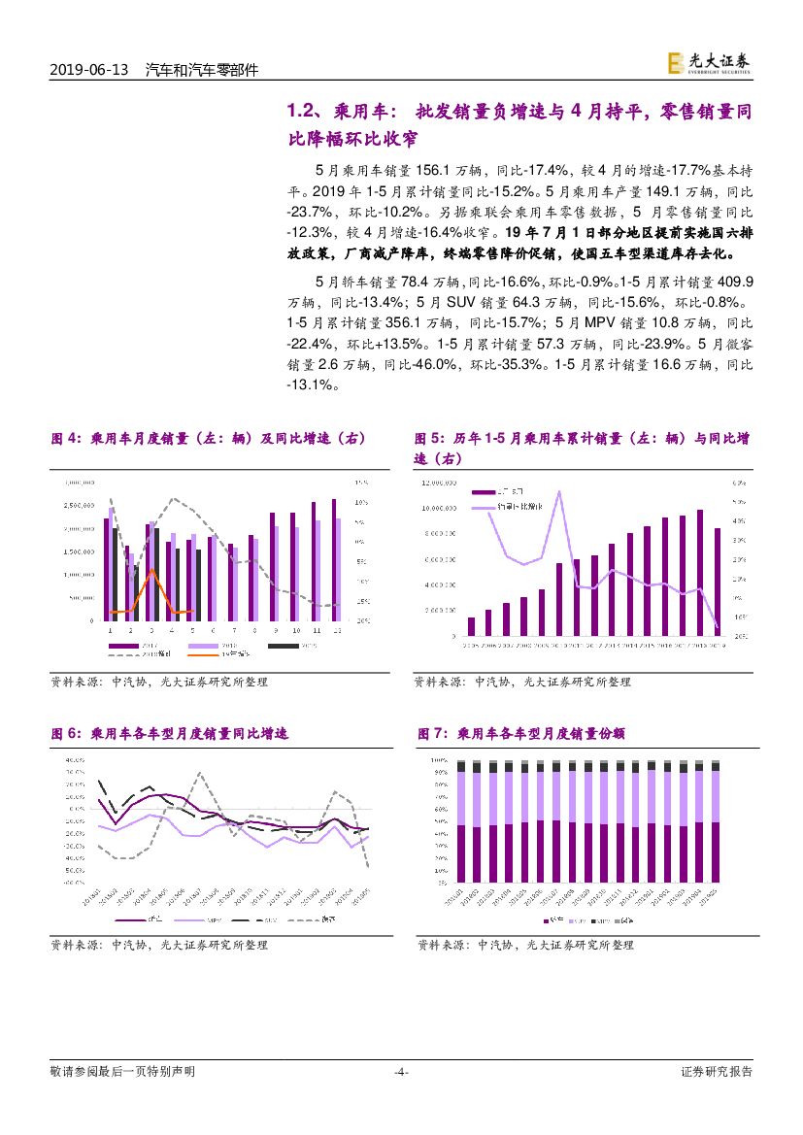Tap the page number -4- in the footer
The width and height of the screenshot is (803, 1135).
pyautogui.click(x=400, y=1072)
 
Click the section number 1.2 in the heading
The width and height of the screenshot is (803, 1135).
pyautogui.click(x=303, y=112)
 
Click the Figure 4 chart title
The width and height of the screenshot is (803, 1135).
pyautogui.click(x=208, y=439)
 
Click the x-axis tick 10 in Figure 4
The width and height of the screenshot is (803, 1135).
pyautogui.click(x=293, y=631)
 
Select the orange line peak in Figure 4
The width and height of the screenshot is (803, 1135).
pyautogui.click(x=151, y=570)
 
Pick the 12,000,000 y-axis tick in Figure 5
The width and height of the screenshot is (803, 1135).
pyautogui.click(x=439, y=483)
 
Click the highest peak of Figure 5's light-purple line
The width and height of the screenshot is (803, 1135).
pyautogui.click(x=559, y=491)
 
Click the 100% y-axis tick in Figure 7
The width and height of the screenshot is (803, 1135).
pyautogui.click(x=438, y=759)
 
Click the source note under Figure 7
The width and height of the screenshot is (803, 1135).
pyautogui.click(x=524, y=944)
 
